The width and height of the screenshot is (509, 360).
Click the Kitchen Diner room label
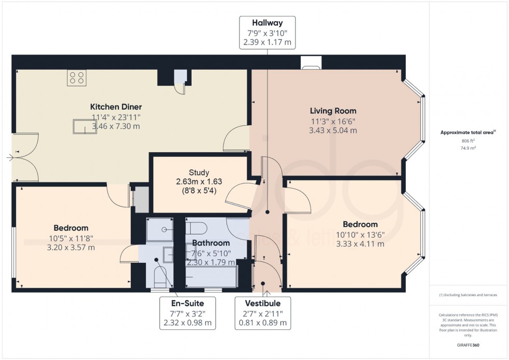[116, 107]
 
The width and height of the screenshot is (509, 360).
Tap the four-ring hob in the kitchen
[76, 78]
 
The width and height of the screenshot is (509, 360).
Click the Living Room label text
[333, 111]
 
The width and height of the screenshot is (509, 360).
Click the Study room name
[199, 172]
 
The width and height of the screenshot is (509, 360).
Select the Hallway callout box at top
[267, 32]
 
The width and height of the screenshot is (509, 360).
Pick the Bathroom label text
[211, 243]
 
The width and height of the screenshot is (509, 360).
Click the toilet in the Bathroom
[198, 228]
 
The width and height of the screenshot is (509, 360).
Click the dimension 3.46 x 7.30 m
[116, 126]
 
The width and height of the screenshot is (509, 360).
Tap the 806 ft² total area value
[468, 141]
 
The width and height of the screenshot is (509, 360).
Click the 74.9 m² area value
[468, 148]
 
